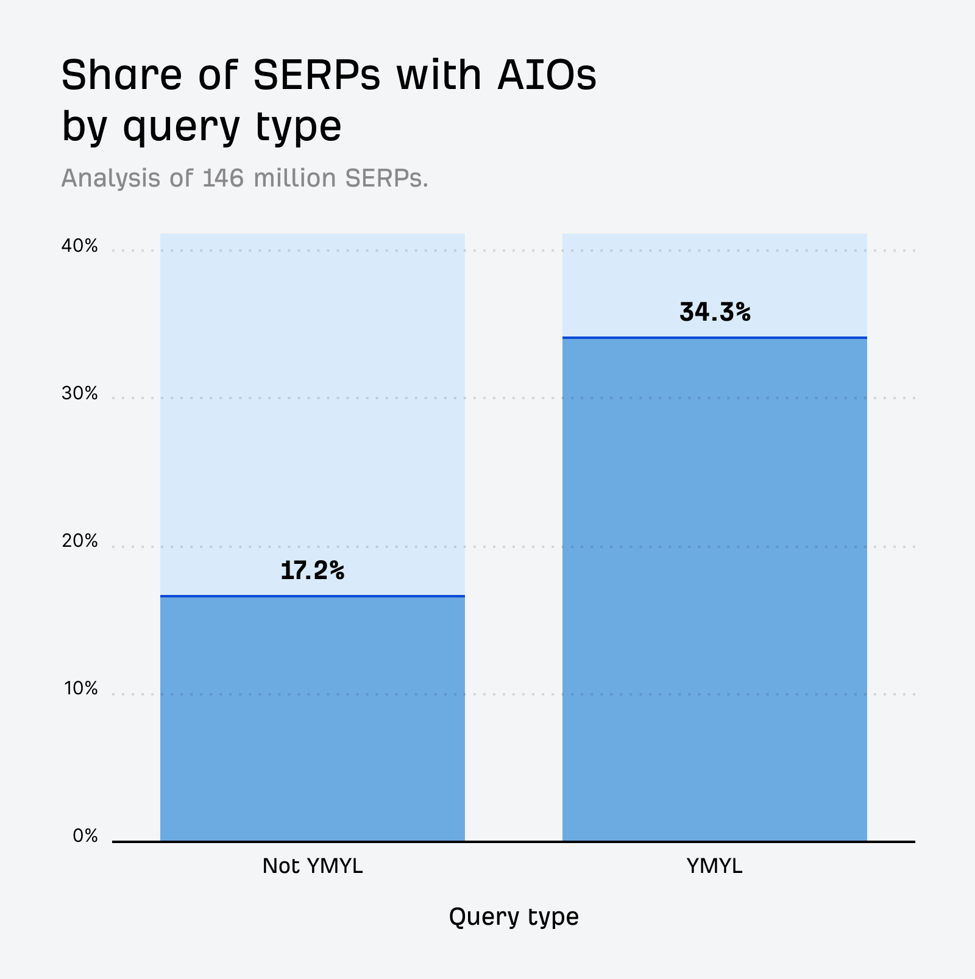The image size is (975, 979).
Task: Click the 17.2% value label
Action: [312, 571]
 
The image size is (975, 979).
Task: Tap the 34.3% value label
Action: [714, 313]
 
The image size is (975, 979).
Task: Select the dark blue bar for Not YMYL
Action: [312, 719]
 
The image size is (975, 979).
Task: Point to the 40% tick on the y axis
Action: [79, 246]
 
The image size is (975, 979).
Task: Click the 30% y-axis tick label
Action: [79, 394]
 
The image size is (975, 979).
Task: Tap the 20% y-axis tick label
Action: [79, 541]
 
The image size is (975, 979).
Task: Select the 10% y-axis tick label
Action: [79, 689]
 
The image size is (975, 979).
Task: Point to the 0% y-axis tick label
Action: [85, 836]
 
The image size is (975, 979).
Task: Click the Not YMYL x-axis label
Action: [312, 866]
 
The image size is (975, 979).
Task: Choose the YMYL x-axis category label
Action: [714, 866]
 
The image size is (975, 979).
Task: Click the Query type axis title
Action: [514, 917]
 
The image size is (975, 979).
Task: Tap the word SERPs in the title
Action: [316, 76]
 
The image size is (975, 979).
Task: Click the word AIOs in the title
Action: [547, 76]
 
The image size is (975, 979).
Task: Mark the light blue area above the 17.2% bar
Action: [312, 396]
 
